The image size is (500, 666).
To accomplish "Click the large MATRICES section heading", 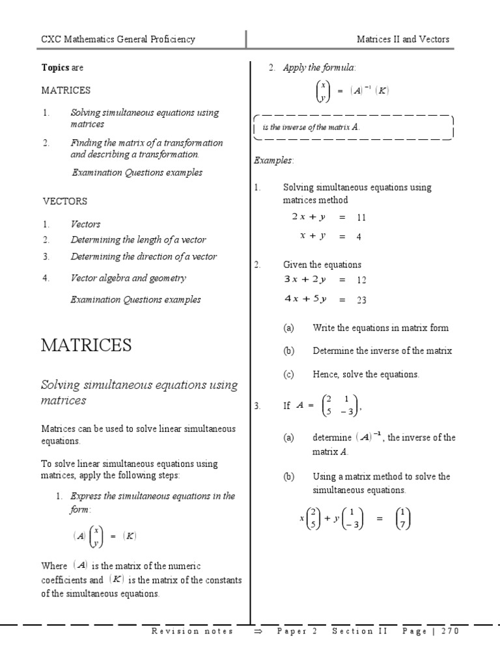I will tap(86, 345).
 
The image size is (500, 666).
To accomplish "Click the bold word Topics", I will tap(55, 68).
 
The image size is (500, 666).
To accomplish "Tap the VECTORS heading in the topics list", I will tap(64, 201).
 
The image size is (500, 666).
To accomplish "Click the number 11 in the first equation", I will tap(361, 218).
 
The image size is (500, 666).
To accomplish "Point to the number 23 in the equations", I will tap(361, 300).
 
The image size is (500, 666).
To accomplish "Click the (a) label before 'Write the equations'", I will tap(288, 328).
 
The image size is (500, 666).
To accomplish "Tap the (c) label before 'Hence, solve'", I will tap(288, 375).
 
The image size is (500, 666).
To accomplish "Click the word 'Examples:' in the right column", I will tap(273, 160).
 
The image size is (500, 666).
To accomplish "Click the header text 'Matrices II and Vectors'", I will tap(403, 39).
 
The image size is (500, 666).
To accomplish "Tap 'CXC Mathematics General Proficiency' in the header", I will tap(118, 39).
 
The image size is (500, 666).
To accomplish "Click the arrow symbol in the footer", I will tap(257, 632).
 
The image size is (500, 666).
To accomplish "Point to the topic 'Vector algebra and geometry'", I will tap(128, 278).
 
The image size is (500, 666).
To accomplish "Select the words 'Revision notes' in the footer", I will tap(192, 632).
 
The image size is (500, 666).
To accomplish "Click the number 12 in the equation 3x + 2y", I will tap(361, 280).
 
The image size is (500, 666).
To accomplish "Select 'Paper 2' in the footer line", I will tap(297, 632).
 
